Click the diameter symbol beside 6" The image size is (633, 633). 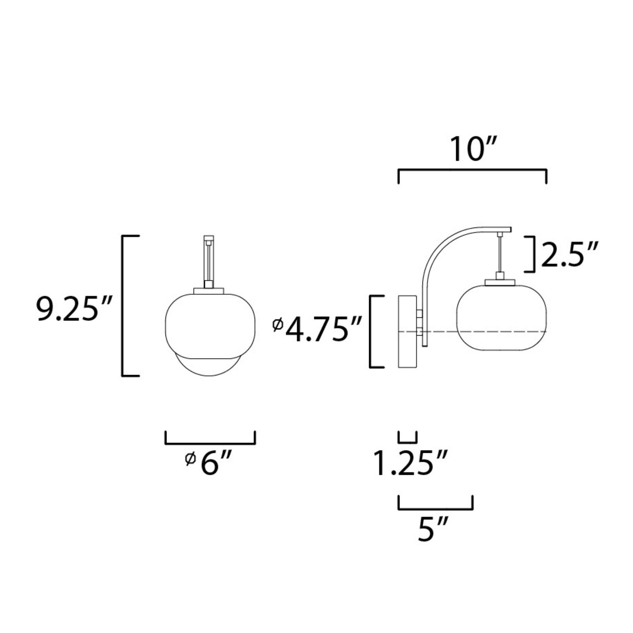(190, 459)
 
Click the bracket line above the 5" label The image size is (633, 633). (436, 509)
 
